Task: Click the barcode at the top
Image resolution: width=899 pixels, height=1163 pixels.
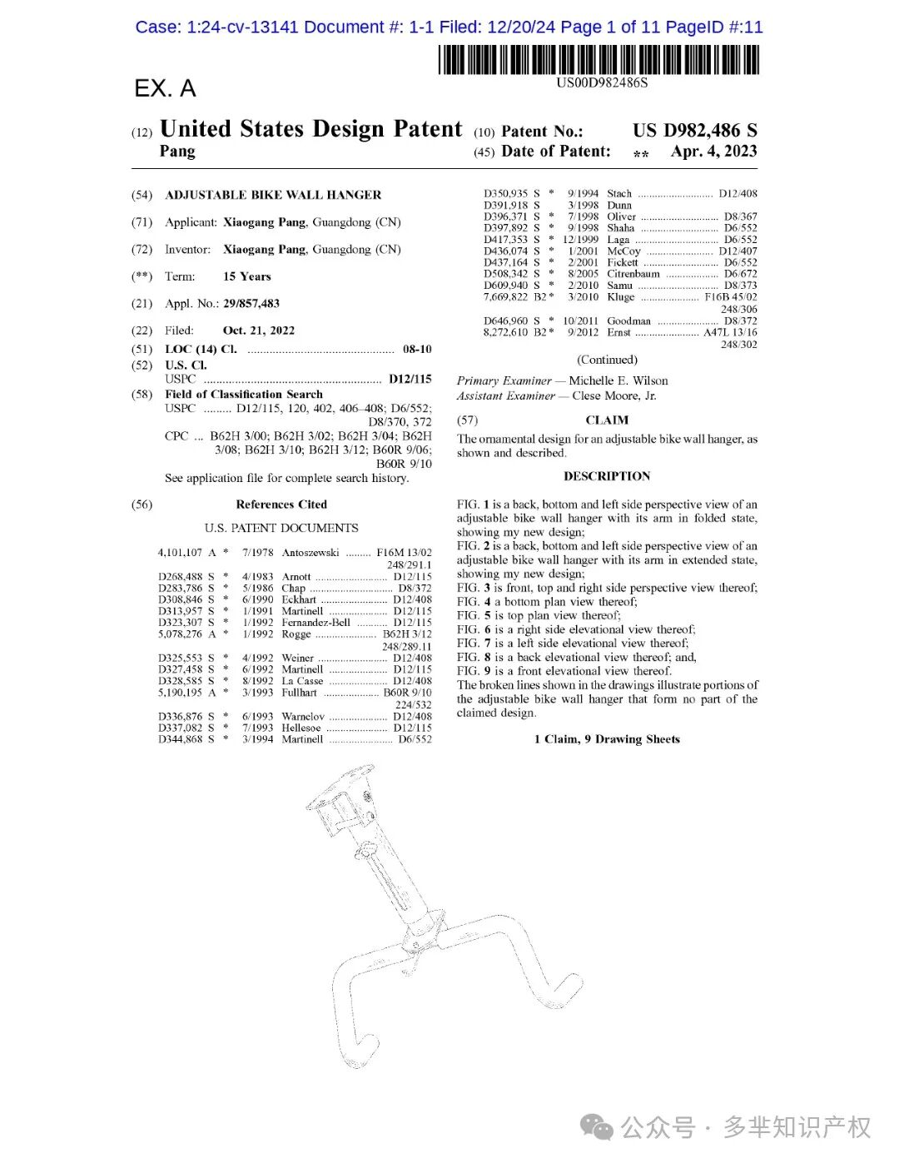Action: [599, 59]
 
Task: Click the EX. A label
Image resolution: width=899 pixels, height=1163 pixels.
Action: [165, 88]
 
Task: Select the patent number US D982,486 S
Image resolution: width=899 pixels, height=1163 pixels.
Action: [694, 131]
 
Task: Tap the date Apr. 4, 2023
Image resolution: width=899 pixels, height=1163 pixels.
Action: [713, 152]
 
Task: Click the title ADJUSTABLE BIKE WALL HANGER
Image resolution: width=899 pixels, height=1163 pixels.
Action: [273, 195]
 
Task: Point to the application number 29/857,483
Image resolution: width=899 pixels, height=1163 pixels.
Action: [251, 304]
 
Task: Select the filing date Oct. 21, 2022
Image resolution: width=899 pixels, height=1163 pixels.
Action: [259, 331]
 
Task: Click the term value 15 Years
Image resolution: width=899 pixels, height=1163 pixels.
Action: [246, 276]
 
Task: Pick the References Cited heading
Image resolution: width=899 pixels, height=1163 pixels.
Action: [281, 504]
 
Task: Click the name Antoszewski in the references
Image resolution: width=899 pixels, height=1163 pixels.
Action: [310, 553]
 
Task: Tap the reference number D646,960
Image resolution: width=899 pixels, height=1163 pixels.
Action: [505, 321]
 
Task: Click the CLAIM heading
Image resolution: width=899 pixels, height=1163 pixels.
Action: [607, 420]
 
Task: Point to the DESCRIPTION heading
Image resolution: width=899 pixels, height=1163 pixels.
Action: [607, 476]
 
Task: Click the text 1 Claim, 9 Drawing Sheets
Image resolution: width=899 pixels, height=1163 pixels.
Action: [607, 739]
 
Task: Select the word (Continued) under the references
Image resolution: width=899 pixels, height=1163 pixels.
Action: [607, 360]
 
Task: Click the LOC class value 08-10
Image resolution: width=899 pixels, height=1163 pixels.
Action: [417, 350]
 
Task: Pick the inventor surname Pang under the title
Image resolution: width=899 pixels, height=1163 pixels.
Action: [177, 152]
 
